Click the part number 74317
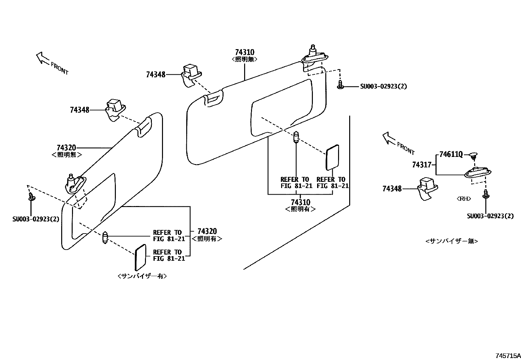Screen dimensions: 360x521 [x=422, y=165]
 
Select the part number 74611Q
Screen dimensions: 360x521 [x=451, y=154]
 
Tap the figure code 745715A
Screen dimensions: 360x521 [x=508, y=356]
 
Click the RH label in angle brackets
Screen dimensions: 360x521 [x=463, y=199]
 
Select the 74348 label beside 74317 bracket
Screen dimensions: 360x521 [x=392, y=189]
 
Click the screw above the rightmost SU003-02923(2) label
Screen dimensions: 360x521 [x=486, y=194]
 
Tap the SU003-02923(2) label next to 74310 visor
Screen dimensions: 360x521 [x=384, y=86]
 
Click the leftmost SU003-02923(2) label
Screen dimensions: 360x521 [x=36, y=219]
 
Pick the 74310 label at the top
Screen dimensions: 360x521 [x=244, y=52]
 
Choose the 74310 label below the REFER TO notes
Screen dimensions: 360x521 [x=300, y=202]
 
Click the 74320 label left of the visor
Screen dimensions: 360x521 [x=66, y=148]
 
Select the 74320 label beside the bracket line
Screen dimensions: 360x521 [x=207, y=232]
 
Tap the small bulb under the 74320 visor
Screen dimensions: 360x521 [x=105, y=237]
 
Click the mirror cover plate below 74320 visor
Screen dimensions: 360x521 [x=140, y=257]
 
